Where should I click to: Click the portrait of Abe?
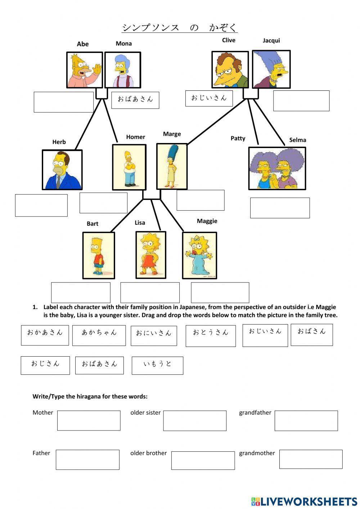pos(85,70)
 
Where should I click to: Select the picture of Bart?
pos(99,255)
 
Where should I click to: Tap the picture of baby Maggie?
pos(199,255)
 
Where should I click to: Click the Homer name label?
pos(135,137)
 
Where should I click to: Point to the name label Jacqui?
pos(271,40)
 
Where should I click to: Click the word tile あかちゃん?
pos(99,335)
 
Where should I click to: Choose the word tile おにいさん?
pos(154,336)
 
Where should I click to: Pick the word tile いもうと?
pos(157,365)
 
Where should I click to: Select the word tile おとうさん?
pos(211,335)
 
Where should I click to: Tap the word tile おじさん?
pos(45,365)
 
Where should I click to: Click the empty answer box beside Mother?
pos(89,420)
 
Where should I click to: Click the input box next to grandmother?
pos(311,459)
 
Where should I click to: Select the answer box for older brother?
pos(203,460)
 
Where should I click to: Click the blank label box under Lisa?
pos(150,293)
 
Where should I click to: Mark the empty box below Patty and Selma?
pos(280,208)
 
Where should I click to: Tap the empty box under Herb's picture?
pos(41,205)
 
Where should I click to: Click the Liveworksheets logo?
pos(304,501)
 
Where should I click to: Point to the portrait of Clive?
pos(230,70)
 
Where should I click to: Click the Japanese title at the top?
pos(179,28)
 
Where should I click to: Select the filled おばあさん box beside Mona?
pos(135,100)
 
